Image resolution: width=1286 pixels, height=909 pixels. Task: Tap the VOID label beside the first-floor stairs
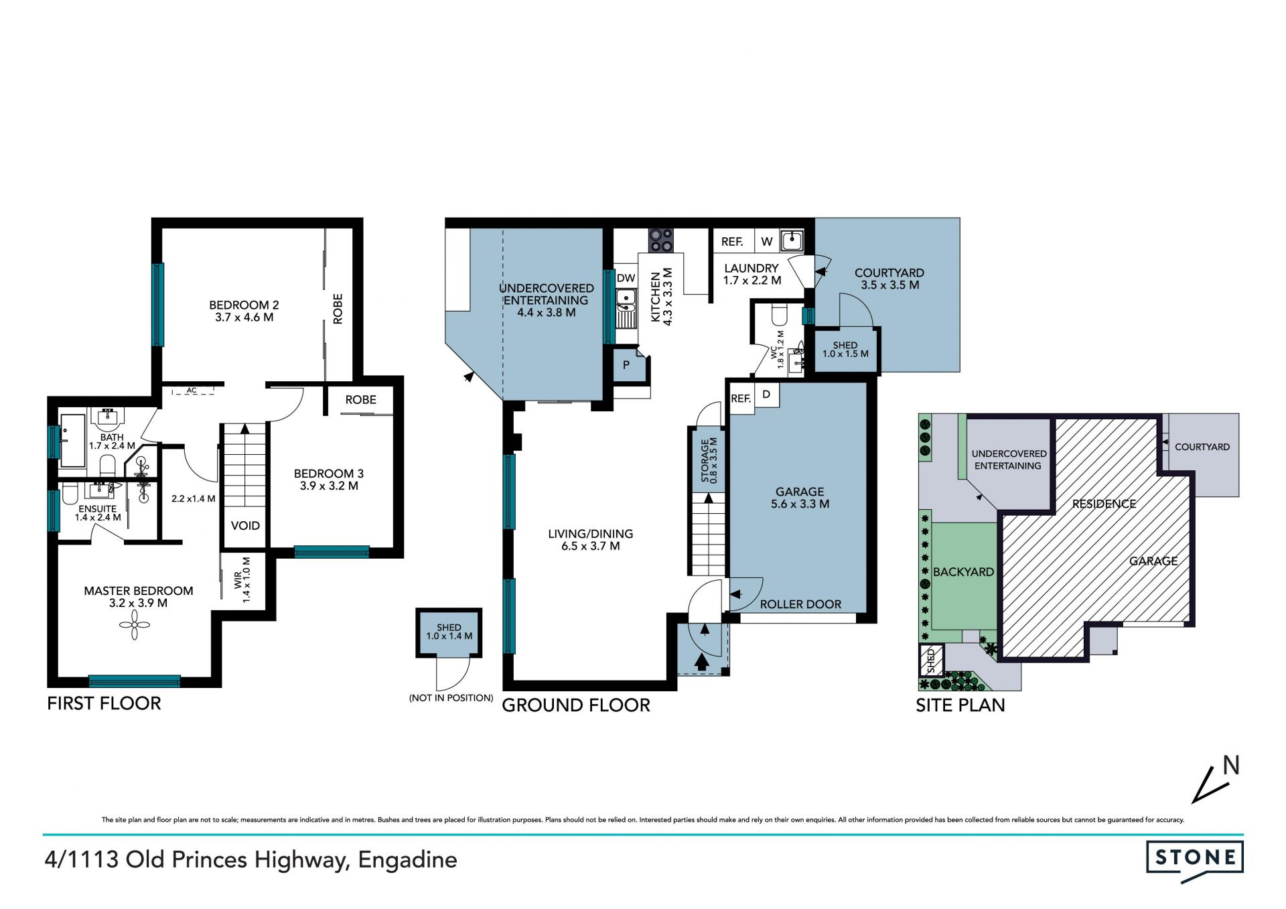[x=245, y=526]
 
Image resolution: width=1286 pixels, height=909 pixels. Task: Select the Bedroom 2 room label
[x=244, y=311]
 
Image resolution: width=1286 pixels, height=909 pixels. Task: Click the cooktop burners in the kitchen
[x=660, y=240]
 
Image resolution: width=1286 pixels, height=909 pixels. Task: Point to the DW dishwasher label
[x=626, y=279]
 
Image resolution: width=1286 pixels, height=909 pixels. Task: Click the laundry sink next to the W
[x=792, y=240]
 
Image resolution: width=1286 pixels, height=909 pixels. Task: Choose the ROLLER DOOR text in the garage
[x=800, y=604]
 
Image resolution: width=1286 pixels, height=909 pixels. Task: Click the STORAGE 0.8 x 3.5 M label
[x=709, y=460]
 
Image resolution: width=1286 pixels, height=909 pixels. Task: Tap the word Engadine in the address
[x=407, y=860]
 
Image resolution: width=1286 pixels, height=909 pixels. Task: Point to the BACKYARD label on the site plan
[x=963, y=572]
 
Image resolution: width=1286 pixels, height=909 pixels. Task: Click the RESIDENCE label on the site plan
[x=1104, y=504]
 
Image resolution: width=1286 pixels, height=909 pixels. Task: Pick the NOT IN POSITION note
[x=451, y=698]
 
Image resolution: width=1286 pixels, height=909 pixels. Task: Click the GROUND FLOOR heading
[x=576, y=705]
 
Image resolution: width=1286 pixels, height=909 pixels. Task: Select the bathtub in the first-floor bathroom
[x=72, y=440]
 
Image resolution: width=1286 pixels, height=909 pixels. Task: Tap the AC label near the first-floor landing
[x=192, y=391]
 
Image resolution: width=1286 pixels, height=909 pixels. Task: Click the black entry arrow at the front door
[x=701, y=662]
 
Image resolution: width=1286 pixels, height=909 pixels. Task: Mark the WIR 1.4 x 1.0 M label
[x=242, y=580]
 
